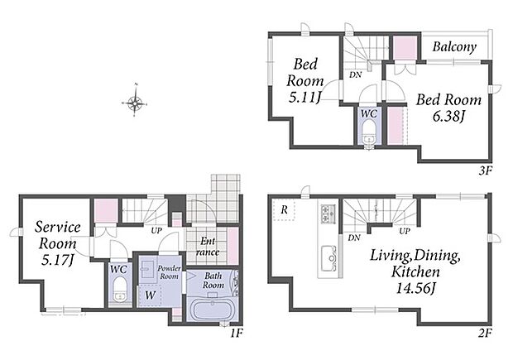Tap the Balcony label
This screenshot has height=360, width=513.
(454, 47)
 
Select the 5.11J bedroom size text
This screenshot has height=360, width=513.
(304, 97)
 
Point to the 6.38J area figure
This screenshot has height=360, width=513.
(448, 116)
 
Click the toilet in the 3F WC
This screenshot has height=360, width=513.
(369, 132)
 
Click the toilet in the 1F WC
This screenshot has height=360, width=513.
(120, 290)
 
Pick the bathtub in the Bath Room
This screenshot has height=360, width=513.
(213, 310)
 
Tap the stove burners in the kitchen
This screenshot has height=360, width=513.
(328, 213)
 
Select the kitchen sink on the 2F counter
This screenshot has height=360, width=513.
(329, 258)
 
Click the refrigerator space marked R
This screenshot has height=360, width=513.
(284, 209)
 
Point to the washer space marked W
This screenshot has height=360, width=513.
(150, 295)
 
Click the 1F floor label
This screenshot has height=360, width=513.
(236, 334)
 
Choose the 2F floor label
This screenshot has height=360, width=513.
(485, 333)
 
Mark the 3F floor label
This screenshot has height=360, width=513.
(486, 170)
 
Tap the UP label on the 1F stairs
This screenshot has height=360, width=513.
(156, 231)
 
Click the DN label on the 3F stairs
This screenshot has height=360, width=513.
(355, 74)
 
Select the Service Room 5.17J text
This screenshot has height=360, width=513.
(58, 243)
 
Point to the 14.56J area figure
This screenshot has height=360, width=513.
(415, 289)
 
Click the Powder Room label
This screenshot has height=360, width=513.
(169, 272)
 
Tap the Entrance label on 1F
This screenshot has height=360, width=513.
(208, 247)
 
